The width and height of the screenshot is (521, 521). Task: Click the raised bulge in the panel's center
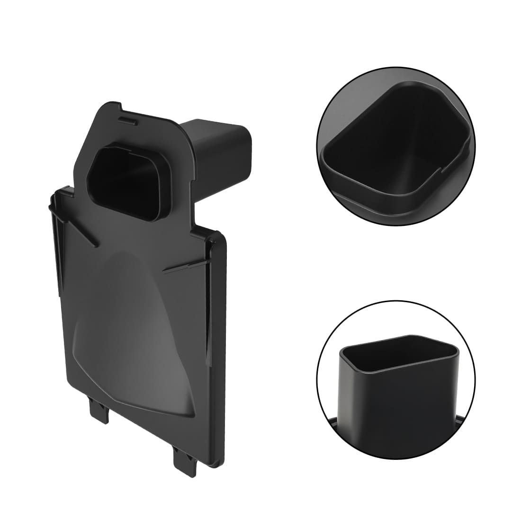137,332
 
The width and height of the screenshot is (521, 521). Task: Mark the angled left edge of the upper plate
85,142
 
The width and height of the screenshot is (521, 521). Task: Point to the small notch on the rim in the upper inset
445,166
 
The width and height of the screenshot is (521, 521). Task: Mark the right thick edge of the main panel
224,350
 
